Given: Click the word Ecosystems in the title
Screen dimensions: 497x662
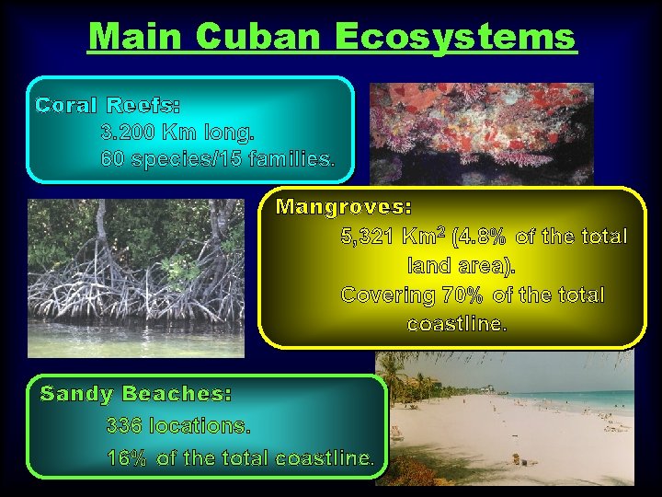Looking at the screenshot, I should [x=455, y=37].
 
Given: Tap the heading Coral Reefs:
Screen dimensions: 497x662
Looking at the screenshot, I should [x=108, y=105].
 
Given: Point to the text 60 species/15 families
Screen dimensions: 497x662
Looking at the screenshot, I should [x=217, y=159].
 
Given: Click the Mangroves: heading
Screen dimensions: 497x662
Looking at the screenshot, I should [x=344, y=205].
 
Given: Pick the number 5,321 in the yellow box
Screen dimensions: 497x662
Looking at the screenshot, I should [x=366, y=237].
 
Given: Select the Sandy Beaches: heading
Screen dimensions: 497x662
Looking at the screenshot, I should [x=136, y=394].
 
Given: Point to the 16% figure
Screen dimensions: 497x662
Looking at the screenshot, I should [x=127, y=457].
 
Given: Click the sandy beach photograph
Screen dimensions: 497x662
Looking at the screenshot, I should [x=510, y=423].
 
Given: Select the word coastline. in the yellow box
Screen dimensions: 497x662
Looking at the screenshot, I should [x=456, y=325].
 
